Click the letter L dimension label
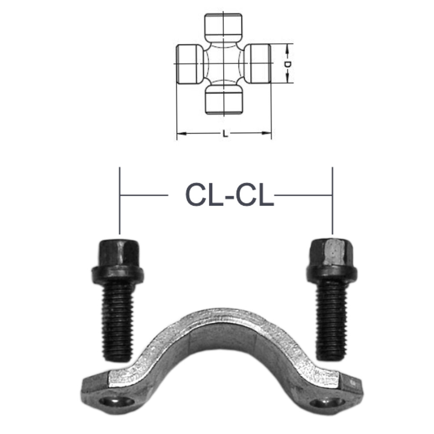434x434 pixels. pyautogui.click(x=225, y=134)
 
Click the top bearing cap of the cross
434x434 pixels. pyautogui.click(x=224, y=26)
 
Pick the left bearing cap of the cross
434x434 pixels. pyautogui.click(x=189, y=64)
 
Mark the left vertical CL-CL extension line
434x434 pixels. pyautogui.click(x=119, y=200)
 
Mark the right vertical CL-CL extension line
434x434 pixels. pyautogui.click(x=332, y=200)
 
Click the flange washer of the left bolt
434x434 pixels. pyautogui.click(x=117, y=274)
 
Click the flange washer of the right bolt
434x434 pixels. pyautogui.click(x=332, y=273)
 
